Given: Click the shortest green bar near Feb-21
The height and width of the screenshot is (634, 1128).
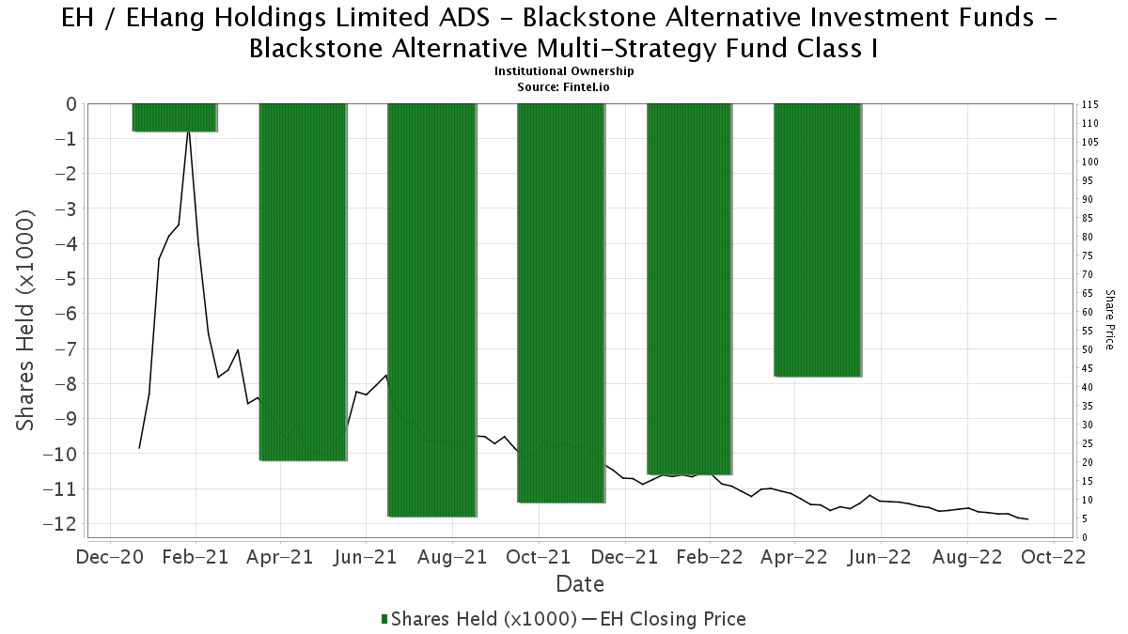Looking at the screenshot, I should point(175,117).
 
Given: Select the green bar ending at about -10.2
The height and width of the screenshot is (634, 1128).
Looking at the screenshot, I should point(303,282).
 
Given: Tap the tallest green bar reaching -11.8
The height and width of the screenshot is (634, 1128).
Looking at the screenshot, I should point(431,310).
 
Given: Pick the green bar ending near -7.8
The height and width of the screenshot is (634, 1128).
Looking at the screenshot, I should point(817,240).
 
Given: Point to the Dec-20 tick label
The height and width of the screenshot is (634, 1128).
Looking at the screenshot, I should point(110,557).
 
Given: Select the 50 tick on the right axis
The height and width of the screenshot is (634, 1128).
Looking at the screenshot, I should point(1088,349).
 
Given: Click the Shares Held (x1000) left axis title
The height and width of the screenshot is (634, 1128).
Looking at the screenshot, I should point(26,319).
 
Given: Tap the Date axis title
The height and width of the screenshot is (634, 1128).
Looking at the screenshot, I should point(580,584).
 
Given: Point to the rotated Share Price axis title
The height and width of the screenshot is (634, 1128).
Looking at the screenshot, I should point(1110,319).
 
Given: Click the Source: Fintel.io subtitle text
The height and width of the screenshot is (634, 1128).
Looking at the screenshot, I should point(564,86).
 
